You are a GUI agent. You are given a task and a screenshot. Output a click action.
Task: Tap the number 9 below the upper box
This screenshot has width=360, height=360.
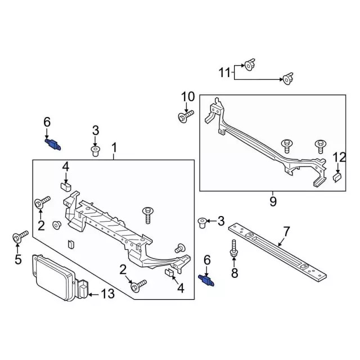[x=273, y=201]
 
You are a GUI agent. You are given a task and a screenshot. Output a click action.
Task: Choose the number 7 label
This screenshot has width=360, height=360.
[x=286, y=231]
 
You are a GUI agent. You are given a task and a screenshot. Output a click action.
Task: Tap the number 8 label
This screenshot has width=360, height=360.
[x=235, y=273]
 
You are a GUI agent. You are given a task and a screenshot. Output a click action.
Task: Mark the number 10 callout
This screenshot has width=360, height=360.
[x=187, y=97]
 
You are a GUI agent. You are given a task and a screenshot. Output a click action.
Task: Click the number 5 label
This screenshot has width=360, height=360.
[x=17, y=259]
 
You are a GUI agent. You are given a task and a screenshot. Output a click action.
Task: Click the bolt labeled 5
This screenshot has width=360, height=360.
[x=19, y=237]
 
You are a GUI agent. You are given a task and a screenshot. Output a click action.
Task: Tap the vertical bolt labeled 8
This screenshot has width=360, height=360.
[x=233, y=251]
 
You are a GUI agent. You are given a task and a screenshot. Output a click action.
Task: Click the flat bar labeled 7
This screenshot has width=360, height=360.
[x=278, y=251]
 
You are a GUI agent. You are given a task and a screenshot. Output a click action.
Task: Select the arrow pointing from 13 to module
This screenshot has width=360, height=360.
[x=93, y=293]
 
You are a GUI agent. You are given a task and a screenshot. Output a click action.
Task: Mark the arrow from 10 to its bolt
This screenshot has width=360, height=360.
[x=187, y=107]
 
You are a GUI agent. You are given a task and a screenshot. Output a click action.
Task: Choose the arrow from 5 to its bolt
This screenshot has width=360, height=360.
[x=17, y=247]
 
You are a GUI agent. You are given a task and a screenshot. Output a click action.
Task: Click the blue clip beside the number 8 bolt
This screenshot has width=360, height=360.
[x=207, y=279]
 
